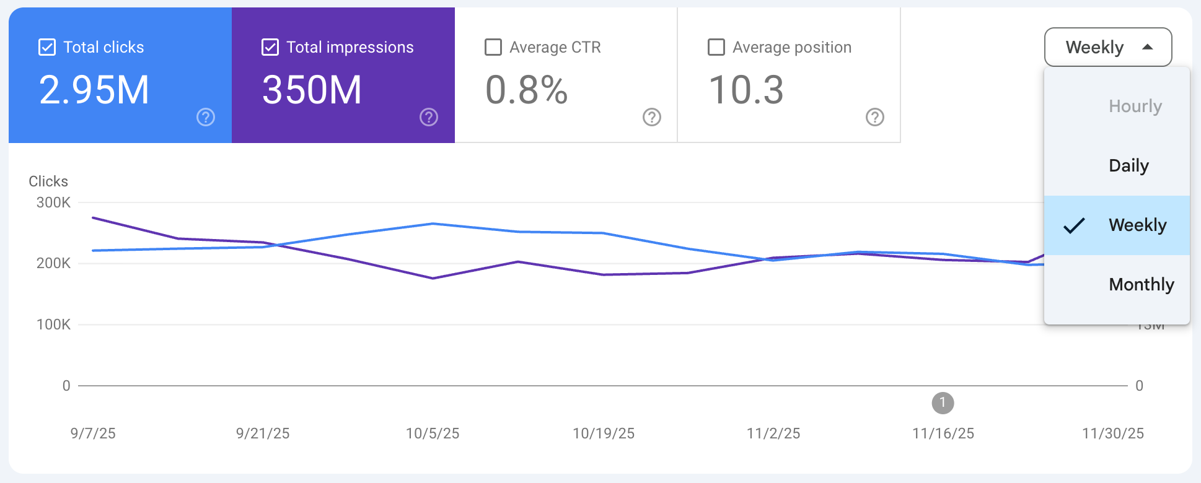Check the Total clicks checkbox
pos(47,47)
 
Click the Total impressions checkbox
pos(270,47)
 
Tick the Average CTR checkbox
pos(493,47)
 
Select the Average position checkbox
pos(716,47)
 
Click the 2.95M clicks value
pos(94,90)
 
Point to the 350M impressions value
pos(312,90)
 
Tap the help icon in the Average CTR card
pos(651,117)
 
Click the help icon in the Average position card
pos(874,117)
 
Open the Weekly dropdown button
pos(1107,47)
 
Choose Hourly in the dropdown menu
pos(1135,107)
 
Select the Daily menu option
pos(1128,166)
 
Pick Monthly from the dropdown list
pos(1141,285)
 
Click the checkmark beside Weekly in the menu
pos(1074,225)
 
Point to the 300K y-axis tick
pos(53,202)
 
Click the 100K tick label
pos(53,324)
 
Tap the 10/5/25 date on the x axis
pos(433,433)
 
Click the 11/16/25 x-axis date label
pos(943,433)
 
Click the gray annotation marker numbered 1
pos(943,403)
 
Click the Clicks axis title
pos(48,181)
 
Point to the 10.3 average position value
pos(746,90)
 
